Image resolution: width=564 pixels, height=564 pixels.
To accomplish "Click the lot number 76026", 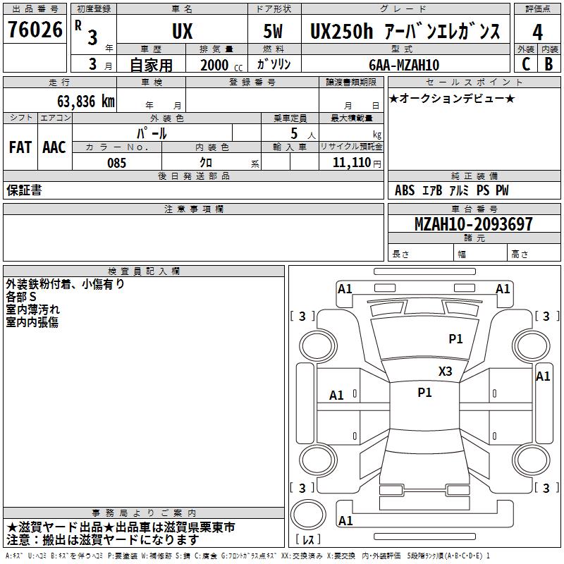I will [x=35, y=30].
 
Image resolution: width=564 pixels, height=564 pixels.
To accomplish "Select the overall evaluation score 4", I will [x=537, y=32].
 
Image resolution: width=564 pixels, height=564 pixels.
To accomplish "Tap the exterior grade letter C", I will [x=525, y=63].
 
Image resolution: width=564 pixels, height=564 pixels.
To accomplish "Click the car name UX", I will [x=182, y=32].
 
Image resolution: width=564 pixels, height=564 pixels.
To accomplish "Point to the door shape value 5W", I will [x=275, y=32].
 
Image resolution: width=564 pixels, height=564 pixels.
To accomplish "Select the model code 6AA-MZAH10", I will [x=404, y=65].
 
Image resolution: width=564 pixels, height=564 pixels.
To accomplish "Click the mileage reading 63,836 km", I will [x=79, y=101].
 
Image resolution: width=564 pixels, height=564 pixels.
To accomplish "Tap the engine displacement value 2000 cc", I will [x=219, y=65].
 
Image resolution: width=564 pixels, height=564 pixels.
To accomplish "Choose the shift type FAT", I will [x=20, y=147].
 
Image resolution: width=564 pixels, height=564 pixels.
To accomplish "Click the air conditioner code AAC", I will [x=54, y=147].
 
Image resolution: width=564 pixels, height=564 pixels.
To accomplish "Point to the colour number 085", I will [x=117, y=163].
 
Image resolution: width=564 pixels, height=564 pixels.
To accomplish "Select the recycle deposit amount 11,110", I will [x=350, y=163].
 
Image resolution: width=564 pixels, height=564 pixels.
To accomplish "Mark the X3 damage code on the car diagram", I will [x=446, y=372].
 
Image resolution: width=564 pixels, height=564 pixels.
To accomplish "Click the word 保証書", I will [x=24, y=190].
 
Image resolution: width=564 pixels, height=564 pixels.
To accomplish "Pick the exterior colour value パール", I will [x=152, y=133].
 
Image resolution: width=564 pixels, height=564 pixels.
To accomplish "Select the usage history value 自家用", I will [x=151, y=65].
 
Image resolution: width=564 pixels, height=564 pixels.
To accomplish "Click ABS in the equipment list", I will [x=405, y=190].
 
